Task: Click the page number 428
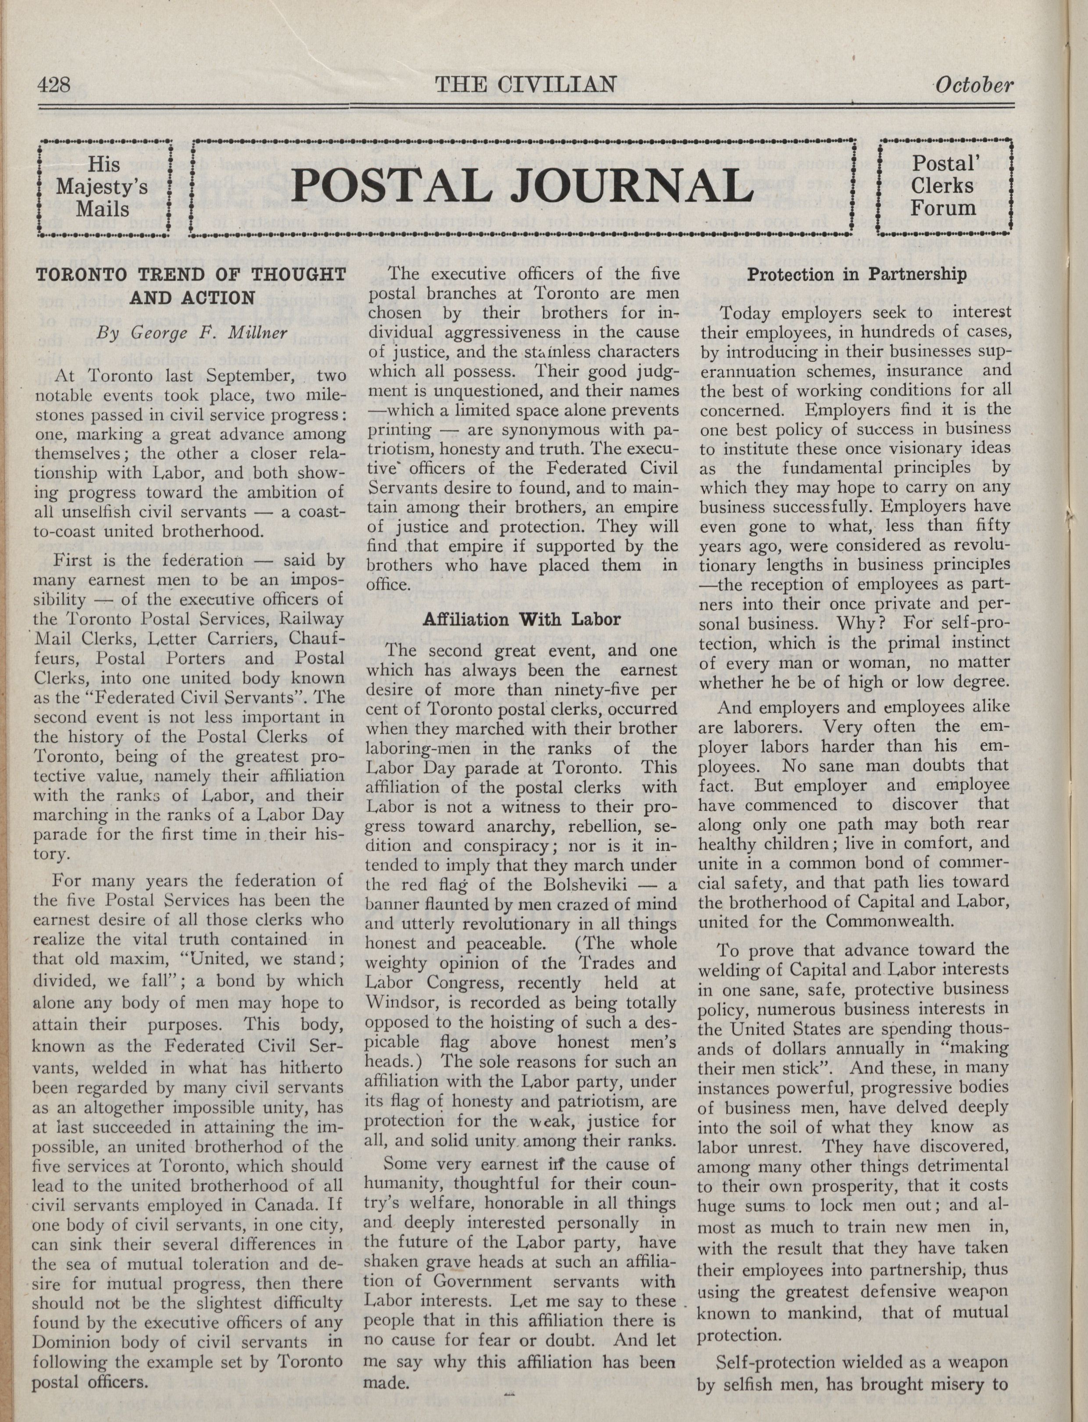point(54,85)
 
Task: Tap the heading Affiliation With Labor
point(521,619)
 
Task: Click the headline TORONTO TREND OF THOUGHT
point(190,274)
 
